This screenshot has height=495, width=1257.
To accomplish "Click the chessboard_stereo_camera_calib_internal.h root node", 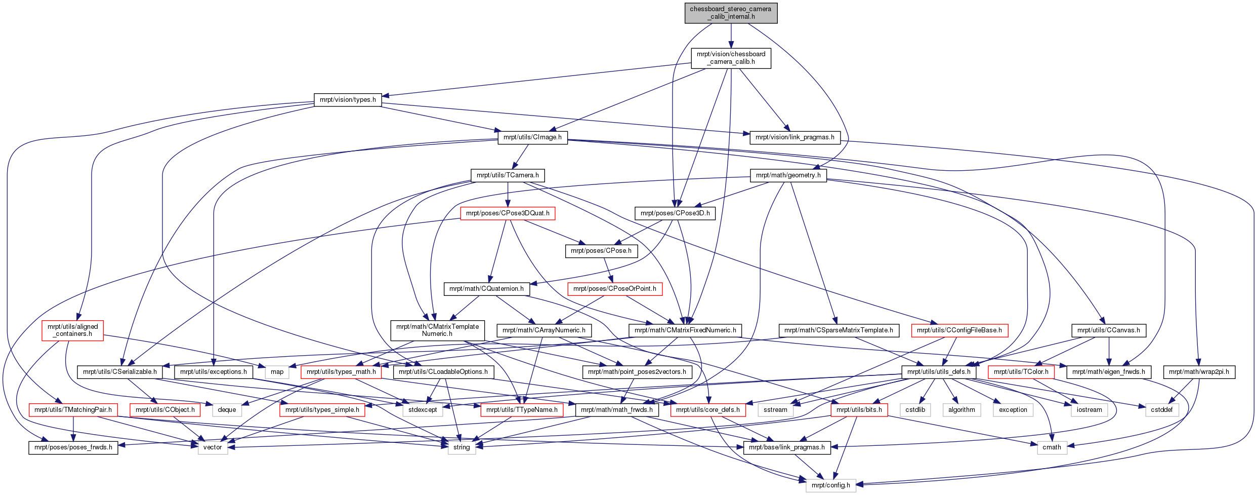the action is pyautogui.click(x=731, y=13).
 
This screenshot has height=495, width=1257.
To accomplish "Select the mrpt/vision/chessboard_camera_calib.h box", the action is pyautogui.click(x=731, y=58).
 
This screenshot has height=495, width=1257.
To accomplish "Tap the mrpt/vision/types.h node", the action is pyautogui.click(x=348, y=100).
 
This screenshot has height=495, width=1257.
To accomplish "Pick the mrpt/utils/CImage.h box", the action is pyautogui.click(x=532, y=137).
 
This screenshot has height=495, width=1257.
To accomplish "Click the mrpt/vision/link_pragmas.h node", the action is pyautogui.click(x=794, y=137).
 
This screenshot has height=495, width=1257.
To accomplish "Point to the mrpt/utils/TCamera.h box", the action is pyautogui.click(x=508, y=175).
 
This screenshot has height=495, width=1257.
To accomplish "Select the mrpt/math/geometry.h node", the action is pyautogui.click(x=788, y=175).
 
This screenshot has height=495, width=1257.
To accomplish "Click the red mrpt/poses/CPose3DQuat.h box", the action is pyautogui.click(x=508, y=213).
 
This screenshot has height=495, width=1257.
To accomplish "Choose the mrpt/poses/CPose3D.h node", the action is pyautogui.click(x=675, y=213).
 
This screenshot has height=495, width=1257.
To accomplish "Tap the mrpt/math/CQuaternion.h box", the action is pyautogui.click(x=487, y=289).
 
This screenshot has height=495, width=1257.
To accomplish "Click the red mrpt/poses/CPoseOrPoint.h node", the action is pyautogui.click(x=615, y=289).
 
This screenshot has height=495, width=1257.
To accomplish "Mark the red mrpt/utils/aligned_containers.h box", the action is pyautogui.click(x=73, y=330).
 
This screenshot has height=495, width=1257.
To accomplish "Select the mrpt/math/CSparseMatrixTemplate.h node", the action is pyautogui.click(x=839, y=330).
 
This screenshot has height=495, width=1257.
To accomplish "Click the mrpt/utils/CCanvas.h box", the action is pyautogui.click(x=1109, y=330).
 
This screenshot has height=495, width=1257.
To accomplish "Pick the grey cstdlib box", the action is pyautogui.click(x=915, y=410).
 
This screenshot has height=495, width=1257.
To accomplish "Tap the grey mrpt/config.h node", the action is pyautogui.click(x=831, y=485).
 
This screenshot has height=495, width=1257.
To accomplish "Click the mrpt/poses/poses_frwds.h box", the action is pyautogui.click(x=73, y=447).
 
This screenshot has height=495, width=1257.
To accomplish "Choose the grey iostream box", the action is pyautogui.click(x=1090, y=410).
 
